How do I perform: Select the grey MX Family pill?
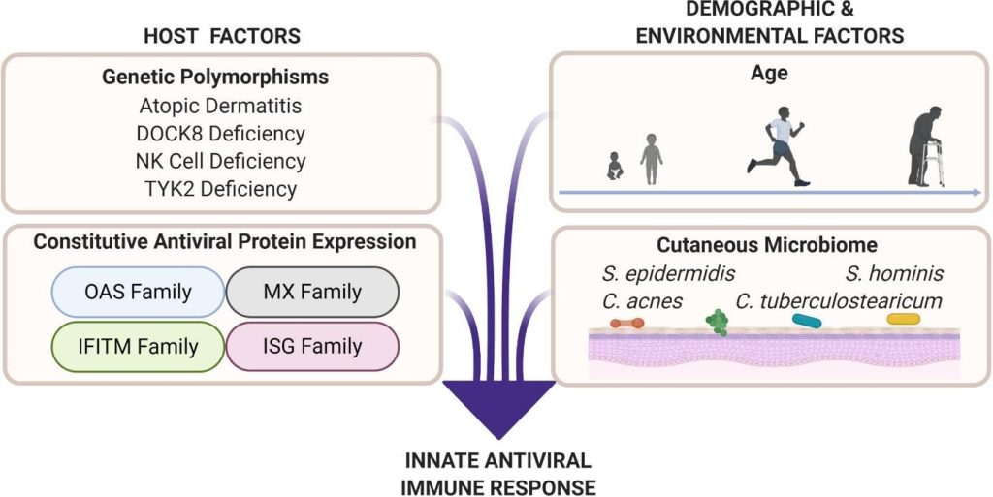tap(312, 291)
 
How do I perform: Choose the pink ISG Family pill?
tap(312, 345)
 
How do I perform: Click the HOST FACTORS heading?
tap(222, 36)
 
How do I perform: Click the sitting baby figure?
tap(615, 167)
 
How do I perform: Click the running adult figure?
tap(777, 149)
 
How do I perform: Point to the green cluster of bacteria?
tap(717, 323)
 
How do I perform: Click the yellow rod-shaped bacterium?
tap(903, 318)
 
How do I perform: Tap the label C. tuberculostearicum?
tap(839, 300)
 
